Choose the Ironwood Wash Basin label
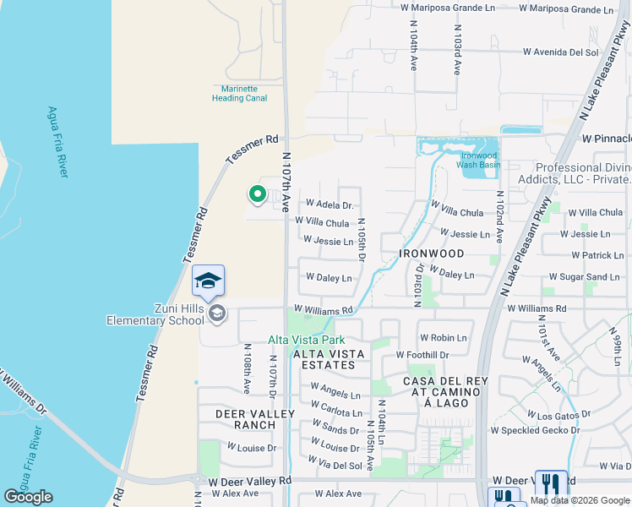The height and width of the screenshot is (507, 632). (479, 160)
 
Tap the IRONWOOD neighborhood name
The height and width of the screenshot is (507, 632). (433, 253)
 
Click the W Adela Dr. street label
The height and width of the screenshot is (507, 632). (329, 204)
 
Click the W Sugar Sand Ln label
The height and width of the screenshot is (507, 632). (584, 277)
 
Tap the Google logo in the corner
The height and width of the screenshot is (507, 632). (28, 497)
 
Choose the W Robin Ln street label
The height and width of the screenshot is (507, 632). (448, 338)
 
